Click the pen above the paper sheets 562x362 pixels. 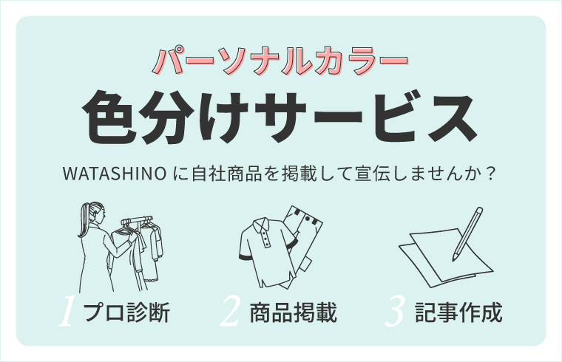coord(466,233)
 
